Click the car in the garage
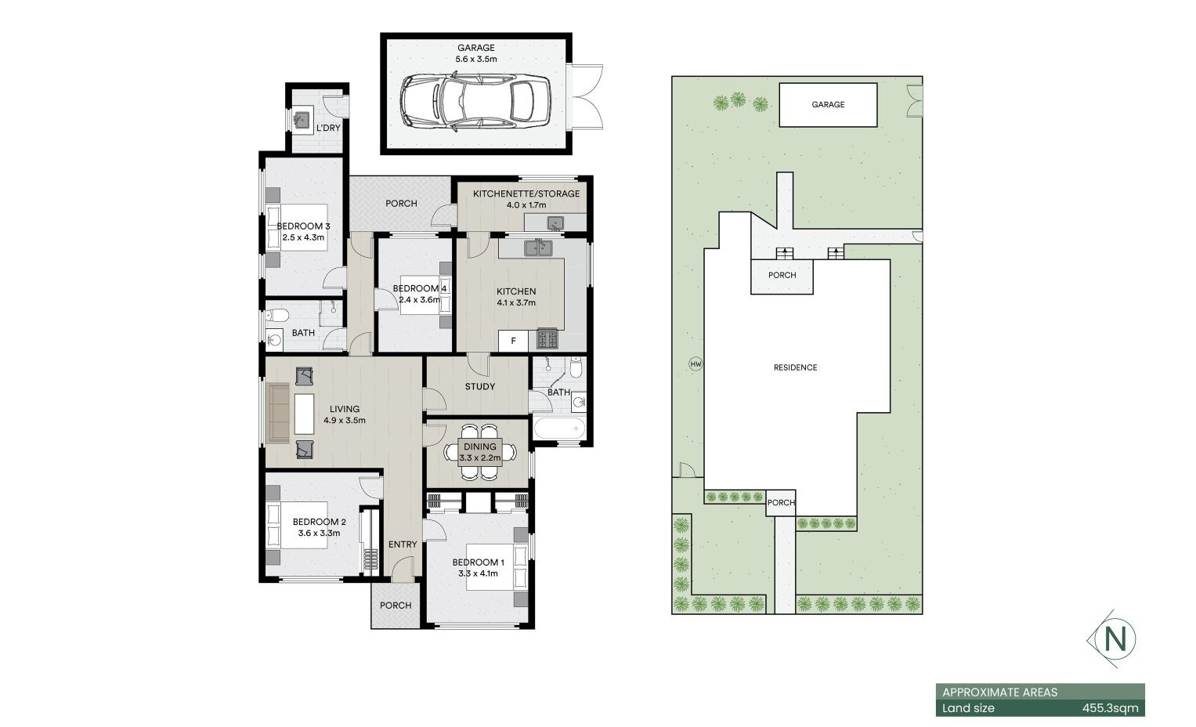475,102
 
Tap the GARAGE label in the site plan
828,105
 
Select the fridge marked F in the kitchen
513,341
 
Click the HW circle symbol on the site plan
696,364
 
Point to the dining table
480,452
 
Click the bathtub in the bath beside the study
559,428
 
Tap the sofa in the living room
277,413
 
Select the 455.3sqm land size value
1110,708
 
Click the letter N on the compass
1115,638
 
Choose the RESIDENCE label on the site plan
796,367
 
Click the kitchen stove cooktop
547,338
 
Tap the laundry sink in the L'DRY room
303,120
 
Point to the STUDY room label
480,387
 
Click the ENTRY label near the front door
403,544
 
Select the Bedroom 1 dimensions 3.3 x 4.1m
478,573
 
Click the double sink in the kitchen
538,248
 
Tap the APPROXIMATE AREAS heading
999,693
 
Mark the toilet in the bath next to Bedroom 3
277,316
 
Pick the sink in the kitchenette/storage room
556,222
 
